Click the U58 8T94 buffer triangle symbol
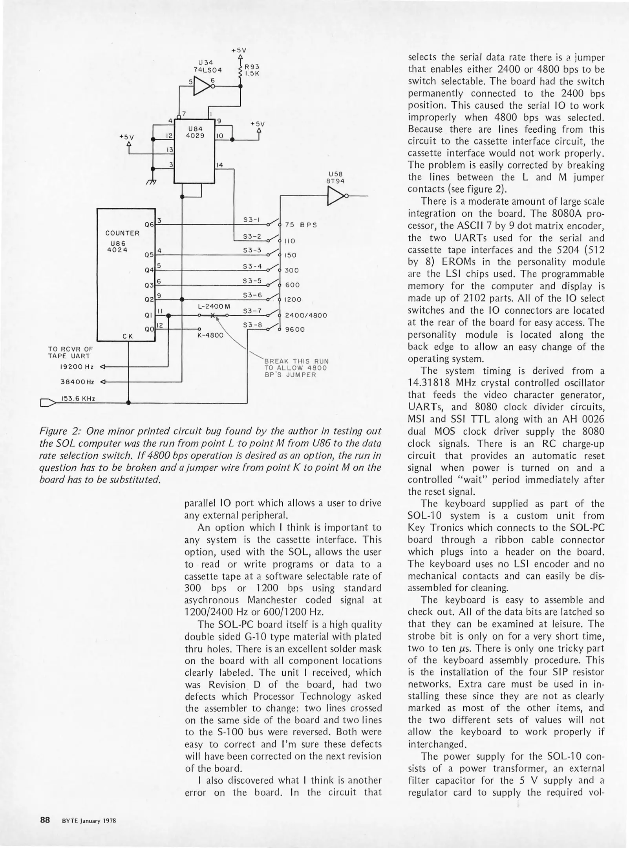tap(335, 196)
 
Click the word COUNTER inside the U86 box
tap(123, 233)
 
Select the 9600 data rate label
tap(294, 329)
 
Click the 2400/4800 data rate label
tap(306, 315)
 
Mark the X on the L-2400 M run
tap(212, 315)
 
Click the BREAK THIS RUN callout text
tap(296, 361)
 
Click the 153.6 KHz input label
tap(78, 398)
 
